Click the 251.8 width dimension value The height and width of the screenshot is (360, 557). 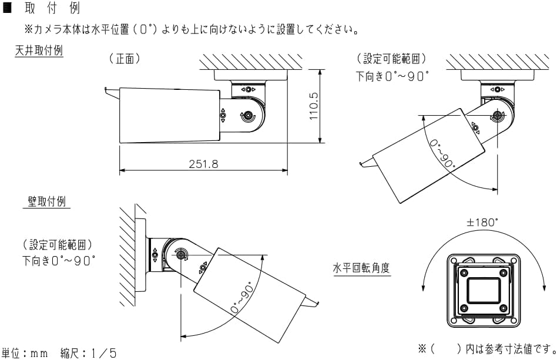203,164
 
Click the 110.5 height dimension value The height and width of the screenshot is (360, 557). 314,106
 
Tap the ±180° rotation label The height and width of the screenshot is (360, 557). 482,223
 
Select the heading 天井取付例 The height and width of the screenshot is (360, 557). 39,51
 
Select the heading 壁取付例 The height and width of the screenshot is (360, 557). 47,201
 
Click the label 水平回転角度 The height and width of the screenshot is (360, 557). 362,268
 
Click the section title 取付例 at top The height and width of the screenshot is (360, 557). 56,9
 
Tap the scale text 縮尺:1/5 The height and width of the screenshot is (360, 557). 88,353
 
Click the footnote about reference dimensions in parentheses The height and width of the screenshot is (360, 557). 485,349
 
